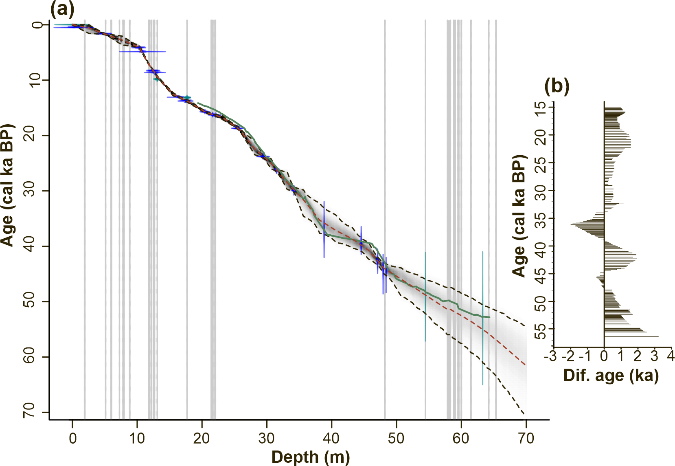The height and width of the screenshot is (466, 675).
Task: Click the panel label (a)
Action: [x=62, y=9]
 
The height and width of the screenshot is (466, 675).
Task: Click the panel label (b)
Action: [x=557, y=86]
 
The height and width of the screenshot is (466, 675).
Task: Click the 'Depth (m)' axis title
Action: [x=311, y=457]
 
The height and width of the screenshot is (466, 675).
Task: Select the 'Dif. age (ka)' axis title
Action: [x=611, y=375]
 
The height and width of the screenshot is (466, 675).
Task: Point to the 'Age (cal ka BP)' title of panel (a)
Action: [x=7, y=185]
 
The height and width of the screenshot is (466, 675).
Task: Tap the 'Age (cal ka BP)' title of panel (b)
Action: [x=519, y=216]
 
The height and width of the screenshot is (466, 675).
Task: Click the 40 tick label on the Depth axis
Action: [x=331, y=438]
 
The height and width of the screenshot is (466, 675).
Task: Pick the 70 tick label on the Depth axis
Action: [x=526, y=438]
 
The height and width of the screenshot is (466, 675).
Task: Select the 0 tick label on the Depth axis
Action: [x=72, y=438]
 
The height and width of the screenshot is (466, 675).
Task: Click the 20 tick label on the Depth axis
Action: [x=202, y=438]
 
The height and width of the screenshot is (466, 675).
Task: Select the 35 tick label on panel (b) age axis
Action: [x=541, y=218]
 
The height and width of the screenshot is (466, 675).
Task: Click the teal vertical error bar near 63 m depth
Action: [x=482, y=350]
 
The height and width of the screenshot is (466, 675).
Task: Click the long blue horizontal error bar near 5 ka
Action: [x=155, y=52]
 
